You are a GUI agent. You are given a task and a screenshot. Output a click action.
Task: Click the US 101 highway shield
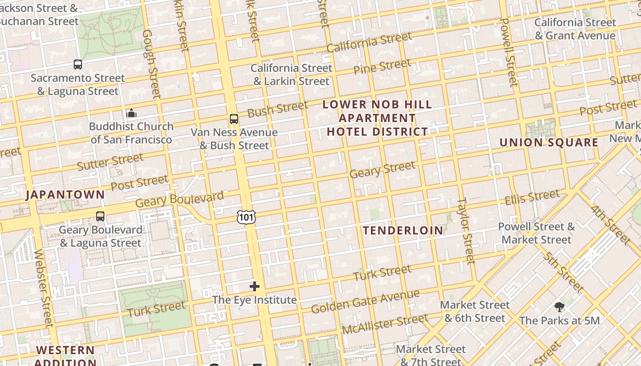tap(246, 217)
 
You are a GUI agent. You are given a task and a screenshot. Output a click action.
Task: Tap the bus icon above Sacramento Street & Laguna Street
tap(78, 65)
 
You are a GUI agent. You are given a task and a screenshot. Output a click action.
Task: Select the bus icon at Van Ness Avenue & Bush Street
tap(234, 119)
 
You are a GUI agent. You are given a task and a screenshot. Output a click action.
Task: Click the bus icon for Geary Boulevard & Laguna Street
tap(100, 216)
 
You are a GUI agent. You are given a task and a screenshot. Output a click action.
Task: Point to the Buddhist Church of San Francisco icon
tap(131, 113)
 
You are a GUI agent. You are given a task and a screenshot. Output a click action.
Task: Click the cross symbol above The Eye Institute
tap(255, 287)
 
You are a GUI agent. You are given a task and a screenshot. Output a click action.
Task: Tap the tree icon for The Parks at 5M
tap(559, 307)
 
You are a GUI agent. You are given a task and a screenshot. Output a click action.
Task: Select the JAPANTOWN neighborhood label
tap(65, 194)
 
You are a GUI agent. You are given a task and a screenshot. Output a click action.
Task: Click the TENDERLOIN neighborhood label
tap(403, 231)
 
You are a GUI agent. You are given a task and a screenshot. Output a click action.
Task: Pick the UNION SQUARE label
tap(549, 142)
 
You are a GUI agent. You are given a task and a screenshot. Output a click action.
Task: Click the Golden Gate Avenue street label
tap(365, 301)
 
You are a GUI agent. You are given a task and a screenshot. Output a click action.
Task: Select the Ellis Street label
tap(532, 198)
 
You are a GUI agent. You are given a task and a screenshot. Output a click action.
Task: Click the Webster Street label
tap(43, 288)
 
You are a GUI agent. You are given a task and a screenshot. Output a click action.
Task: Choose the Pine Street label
tap(382, 67)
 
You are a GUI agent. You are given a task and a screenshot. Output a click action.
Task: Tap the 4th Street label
tap(610, 224)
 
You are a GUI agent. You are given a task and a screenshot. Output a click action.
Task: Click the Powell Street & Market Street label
tap(536, 233)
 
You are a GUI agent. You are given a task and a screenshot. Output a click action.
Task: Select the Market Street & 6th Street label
tap(475, 311)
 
